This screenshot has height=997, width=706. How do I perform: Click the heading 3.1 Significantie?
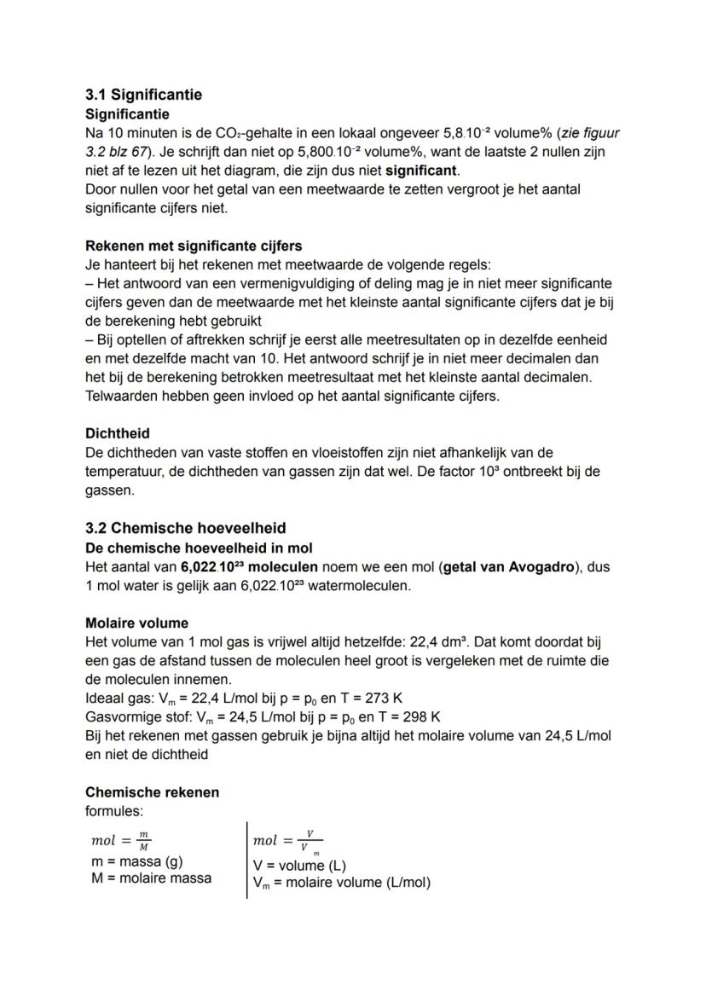click(x=143, y=95)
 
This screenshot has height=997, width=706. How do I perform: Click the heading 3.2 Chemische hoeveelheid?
click(x=185, y=528)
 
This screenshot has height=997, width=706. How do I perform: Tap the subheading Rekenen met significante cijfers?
click(x=194, y=246)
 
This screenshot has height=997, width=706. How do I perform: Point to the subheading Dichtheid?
click(x=118, y=433)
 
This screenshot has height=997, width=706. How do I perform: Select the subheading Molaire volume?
click(x=136, y=623)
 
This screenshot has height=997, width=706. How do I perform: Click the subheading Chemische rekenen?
click(x=152, y=792)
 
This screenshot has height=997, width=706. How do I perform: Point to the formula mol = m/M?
click(x=120, y=841)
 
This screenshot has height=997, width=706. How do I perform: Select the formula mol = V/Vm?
click(x=287, y=841)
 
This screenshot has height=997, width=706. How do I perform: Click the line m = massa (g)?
click(x=136, y=861)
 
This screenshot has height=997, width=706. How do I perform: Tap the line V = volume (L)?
click(x=299, y=866)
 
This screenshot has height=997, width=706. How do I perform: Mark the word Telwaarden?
click(x=119, y=396)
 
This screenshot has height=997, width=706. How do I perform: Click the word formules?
click(x=113, y=810)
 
